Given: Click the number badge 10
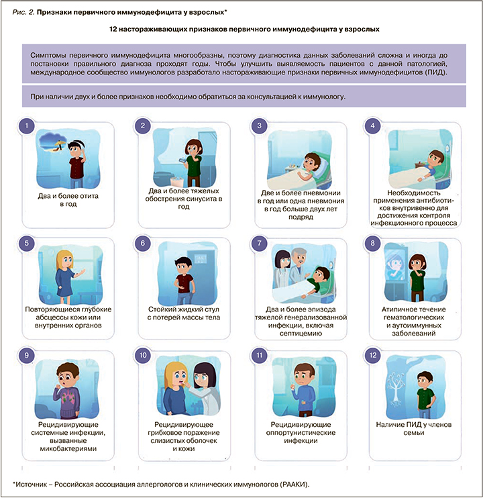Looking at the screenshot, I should tap(143, 354).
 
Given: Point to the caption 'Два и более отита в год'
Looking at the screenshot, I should tap(66, 200).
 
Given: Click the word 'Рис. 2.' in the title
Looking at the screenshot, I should tap(27, 11).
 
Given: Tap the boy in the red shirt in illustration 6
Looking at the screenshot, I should tap(182, 275).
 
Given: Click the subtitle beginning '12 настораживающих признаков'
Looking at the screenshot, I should tap(241, 30).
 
